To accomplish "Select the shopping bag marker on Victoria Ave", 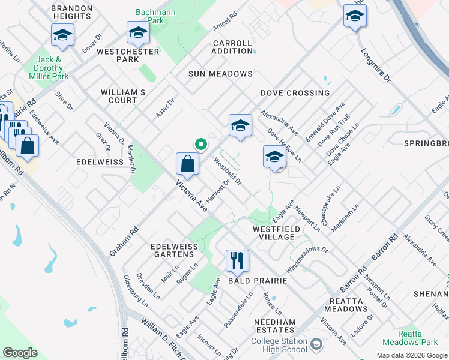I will [188, 164].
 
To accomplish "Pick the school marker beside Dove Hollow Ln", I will [274, 157].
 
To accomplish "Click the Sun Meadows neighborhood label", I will [220, 74].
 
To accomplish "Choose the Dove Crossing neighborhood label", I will [295, 93].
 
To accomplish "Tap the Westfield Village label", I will [273, 233].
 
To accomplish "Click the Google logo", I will [20, 353].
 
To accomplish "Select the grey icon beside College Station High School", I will [317, 344].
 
